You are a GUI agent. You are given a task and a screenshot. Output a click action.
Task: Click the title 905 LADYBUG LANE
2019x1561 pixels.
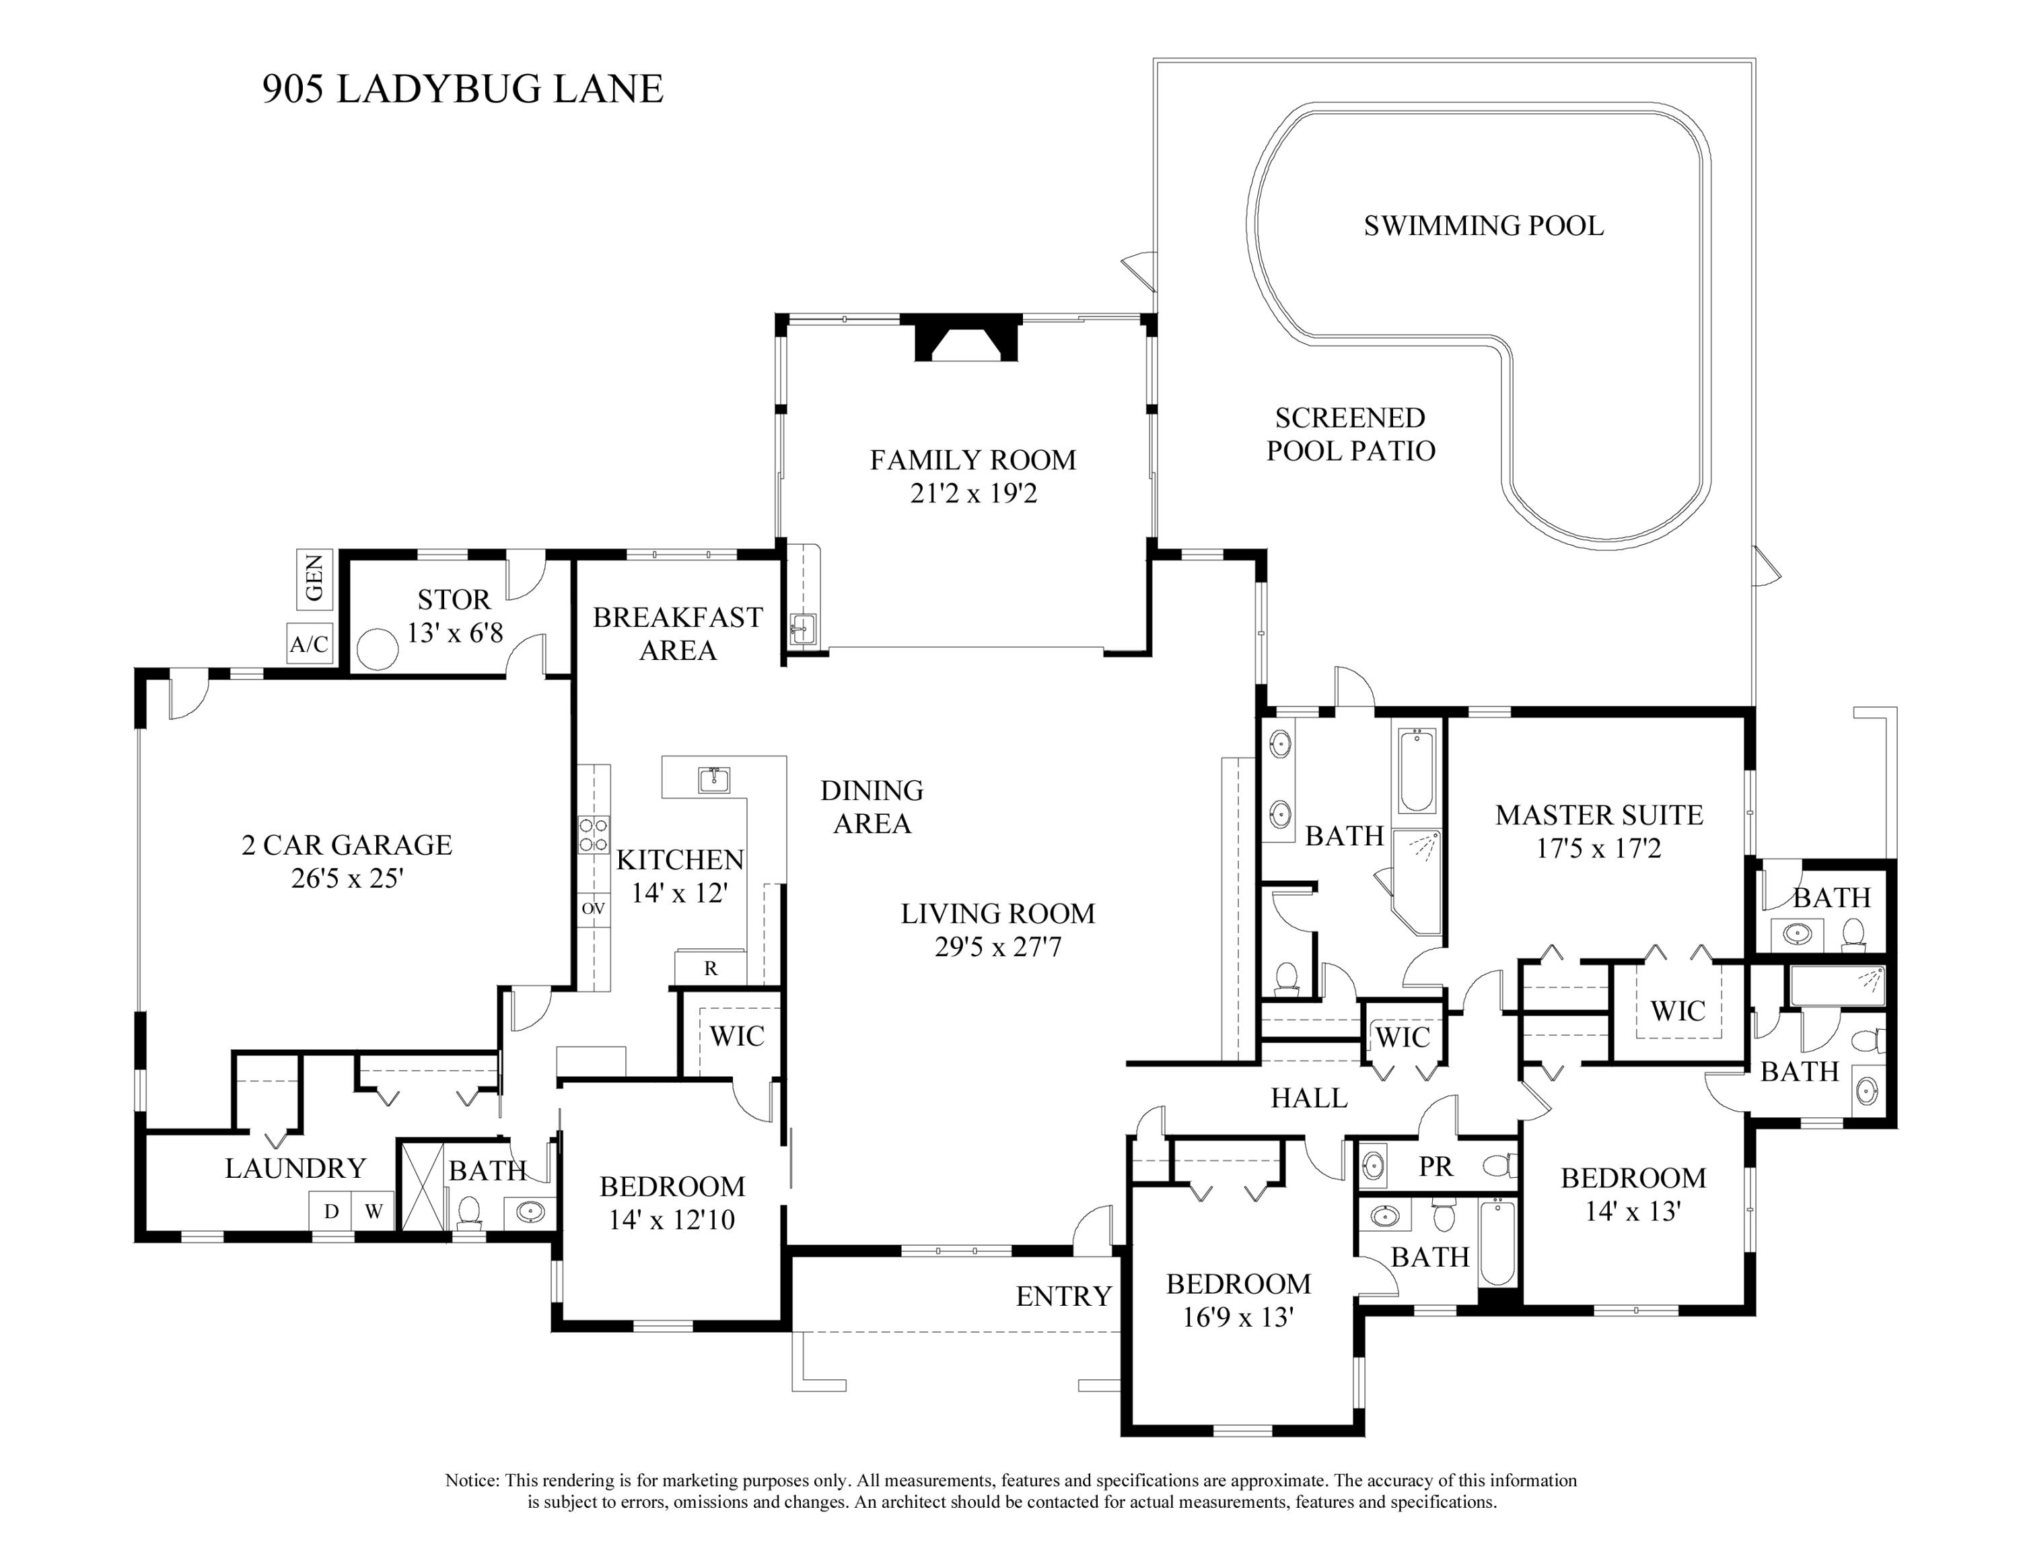point(463,89)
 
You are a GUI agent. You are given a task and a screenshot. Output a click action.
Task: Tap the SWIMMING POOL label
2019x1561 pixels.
point(1484,226)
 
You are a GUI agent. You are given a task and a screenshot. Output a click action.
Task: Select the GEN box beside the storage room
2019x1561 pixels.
point(314,579)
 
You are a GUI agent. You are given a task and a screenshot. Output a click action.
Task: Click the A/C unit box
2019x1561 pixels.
point(309,644)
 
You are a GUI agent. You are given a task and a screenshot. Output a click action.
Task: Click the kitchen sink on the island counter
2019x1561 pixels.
point(713,780)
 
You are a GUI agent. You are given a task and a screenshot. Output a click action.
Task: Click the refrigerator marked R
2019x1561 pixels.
point(711,967)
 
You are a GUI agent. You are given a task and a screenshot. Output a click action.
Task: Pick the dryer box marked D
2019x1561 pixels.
point(331,1211)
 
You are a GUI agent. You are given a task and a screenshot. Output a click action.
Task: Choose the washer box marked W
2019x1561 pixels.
point(374,1211)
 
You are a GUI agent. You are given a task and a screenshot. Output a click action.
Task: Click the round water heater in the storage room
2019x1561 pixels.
point(377,649)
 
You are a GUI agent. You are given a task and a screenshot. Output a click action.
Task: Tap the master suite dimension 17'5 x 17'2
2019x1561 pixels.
point(1598,848)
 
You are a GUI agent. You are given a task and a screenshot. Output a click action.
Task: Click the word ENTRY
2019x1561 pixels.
point(1063,1296)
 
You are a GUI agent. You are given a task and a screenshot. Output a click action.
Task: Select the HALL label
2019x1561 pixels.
point(1309,1098)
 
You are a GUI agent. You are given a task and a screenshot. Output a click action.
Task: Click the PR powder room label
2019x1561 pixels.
point(1436,1166)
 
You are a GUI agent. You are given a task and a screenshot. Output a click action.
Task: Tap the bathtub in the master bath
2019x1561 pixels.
point(1416,770)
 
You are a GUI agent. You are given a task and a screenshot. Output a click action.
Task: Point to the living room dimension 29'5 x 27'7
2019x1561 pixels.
point(997,947)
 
